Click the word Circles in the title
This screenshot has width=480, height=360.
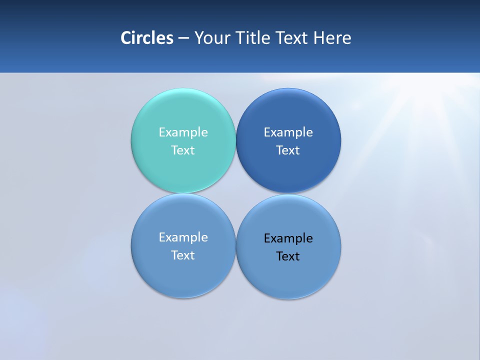(146, 38)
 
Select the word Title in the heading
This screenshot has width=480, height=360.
(252, 38)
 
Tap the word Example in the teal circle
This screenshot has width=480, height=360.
(183, 132)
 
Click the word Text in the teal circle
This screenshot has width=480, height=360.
(183, 150)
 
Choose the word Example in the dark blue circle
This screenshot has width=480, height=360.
(288, 132)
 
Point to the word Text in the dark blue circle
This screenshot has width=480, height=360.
(288, 150)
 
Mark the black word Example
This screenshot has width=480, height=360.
(288, 238)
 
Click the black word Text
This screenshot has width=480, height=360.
(288, 256)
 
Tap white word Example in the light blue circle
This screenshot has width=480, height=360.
(183, 237)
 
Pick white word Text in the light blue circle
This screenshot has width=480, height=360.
(183, 255)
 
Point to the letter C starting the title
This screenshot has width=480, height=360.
(126, 38)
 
